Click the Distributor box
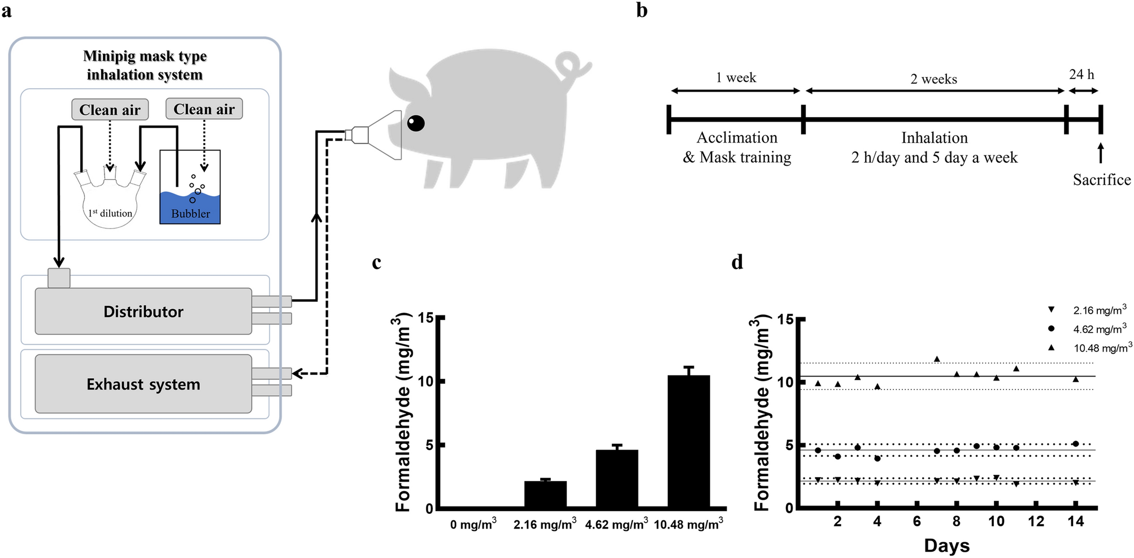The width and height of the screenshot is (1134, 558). coord(144,312)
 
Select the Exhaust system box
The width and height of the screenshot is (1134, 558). coord(144,384)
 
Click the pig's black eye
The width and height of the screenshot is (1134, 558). coord(416,123)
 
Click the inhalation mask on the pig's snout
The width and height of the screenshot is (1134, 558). coord(384,135)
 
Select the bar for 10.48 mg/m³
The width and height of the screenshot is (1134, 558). coord(689,441)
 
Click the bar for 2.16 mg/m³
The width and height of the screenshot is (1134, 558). coord(545,494)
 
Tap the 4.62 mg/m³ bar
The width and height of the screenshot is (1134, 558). coord(617,479)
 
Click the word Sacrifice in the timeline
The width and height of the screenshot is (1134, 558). coord(1101,180)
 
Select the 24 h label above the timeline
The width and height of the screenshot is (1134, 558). coord(1081,75)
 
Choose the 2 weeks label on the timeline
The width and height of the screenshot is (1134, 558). coord(933,79)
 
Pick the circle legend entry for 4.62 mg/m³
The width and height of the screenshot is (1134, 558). coord(1051,328)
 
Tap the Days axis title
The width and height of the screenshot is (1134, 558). coord(946,546)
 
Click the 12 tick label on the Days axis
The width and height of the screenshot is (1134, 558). coord(1036,521)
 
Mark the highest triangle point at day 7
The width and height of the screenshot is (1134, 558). coord(937,359)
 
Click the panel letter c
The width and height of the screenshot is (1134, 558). coord(377,262)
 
